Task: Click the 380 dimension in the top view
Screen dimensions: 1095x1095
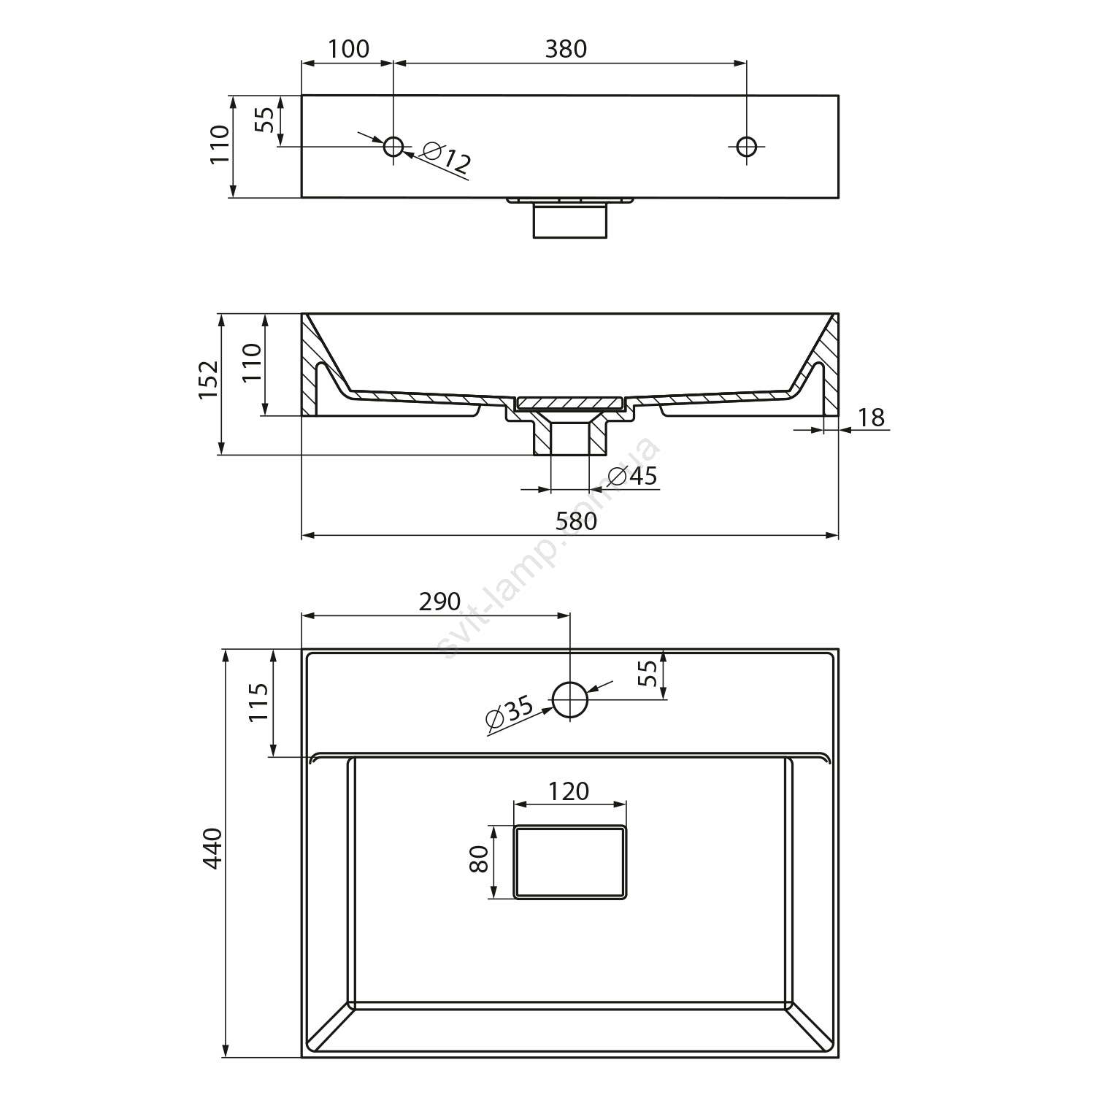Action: [x=566, y=49]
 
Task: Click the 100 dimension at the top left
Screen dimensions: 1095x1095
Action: [x=348, y=49]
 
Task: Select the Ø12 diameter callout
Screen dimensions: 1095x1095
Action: [x=445, y=160]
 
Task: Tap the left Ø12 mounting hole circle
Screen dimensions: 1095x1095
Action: [x=393, y=147]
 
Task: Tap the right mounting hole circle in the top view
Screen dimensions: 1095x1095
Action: [x=746, y=147]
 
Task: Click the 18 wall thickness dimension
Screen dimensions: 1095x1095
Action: [x=871, y=418]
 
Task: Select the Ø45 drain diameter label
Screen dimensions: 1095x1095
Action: [x=632, y=476]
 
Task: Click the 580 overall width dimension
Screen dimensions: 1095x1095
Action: [x=576, y=521]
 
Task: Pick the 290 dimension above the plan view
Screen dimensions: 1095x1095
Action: [x=439, y=602]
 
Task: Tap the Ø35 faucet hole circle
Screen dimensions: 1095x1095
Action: [x=570, y=700]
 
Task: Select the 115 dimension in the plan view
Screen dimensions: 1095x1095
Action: [x=258, y=702]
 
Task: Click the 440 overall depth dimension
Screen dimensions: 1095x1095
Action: [x=212, y=849]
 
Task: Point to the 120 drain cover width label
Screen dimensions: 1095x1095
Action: [x=569, y=791]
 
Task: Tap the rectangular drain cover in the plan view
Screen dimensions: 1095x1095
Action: [x=570, y=862]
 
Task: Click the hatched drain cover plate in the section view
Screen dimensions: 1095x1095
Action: [x=570, y=401]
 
